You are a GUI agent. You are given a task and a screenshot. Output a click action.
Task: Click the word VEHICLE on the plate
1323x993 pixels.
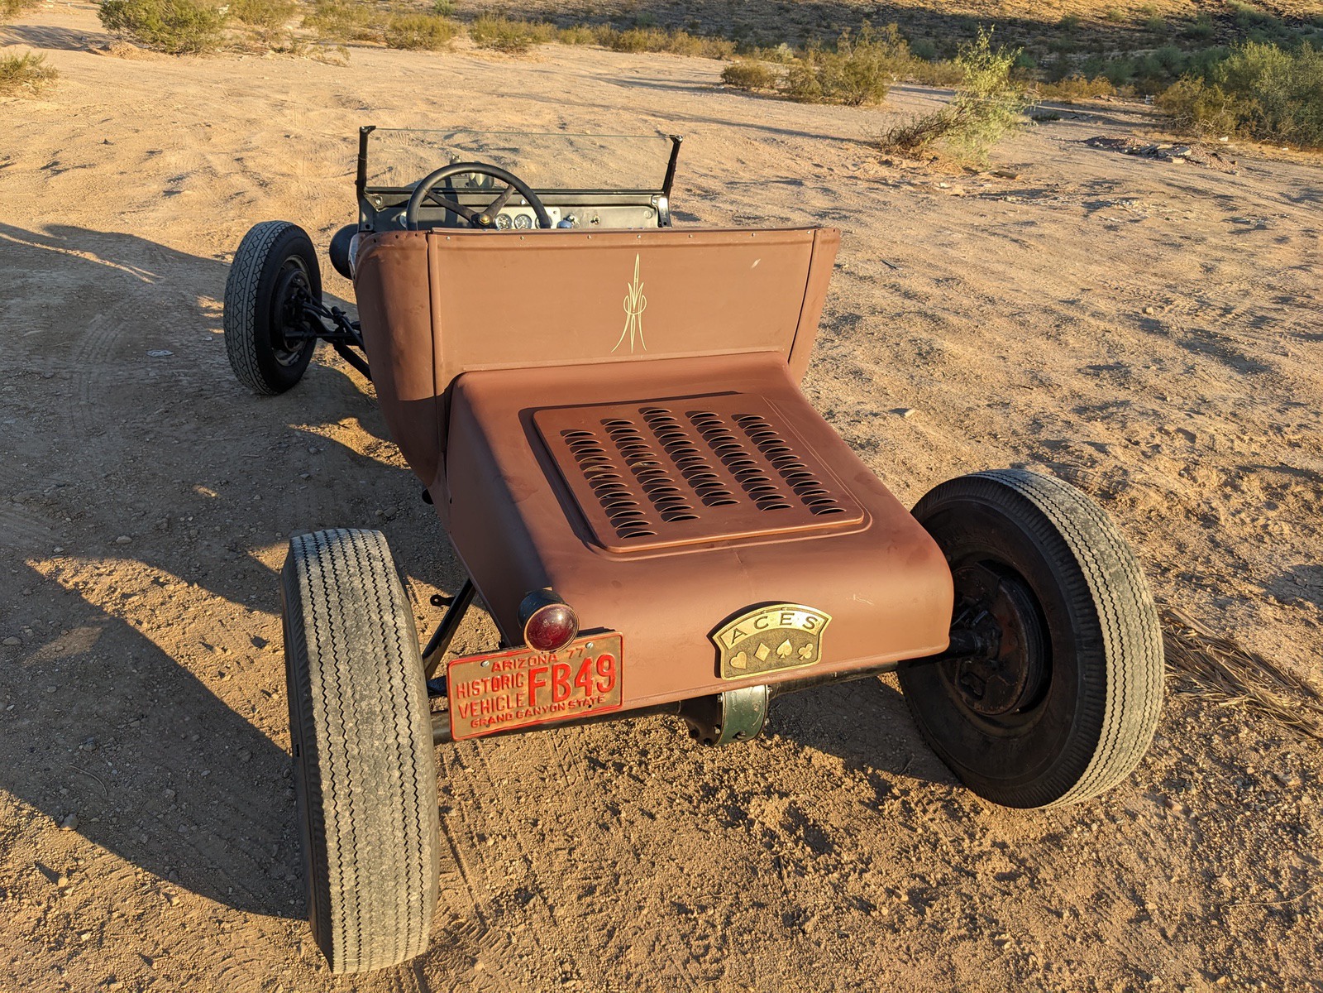pos(492,703)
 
